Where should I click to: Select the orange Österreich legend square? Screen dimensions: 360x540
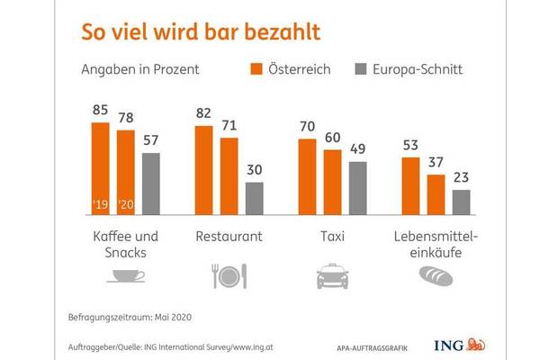[256, 68]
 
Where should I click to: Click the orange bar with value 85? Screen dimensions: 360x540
[101, 167]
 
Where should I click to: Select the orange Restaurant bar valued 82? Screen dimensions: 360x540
[204, 170]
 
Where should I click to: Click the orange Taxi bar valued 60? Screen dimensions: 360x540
[333, 181]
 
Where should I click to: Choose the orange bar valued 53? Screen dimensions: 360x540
[410, 185]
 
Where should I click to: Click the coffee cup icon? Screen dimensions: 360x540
[126, 275]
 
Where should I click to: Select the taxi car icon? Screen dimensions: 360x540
[333, 275]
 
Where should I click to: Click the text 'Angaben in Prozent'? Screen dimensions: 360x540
[139, 68]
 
